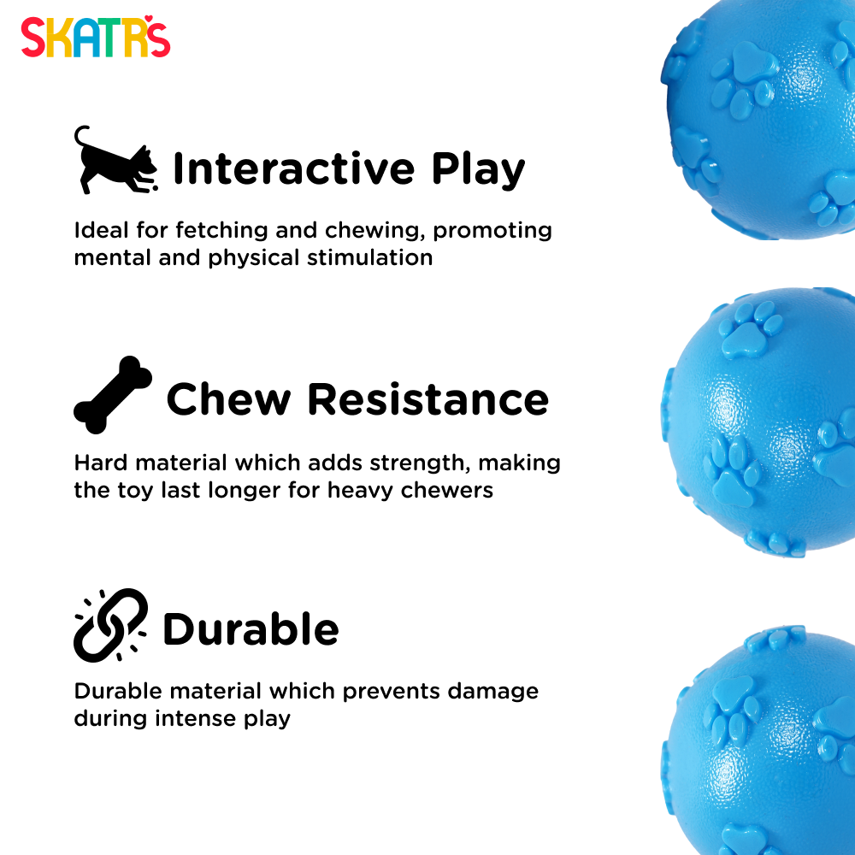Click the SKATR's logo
point(96,37)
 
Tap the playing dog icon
point(116,162)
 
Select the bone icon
point(113,395)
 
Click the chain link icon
point(110,626)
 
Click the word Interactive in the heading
point(294,168)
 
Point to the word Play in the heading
point(478,170)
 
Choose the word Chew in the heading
point(228,399)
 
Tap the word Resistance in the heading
point(428,399)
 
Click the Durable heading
point(251,628)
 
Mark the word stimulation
point(369,258)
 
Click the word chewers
point(447,490)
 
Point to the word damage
point(493,692)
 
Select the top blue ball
point(758,120)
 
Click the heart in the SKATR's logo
point(148,19)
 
